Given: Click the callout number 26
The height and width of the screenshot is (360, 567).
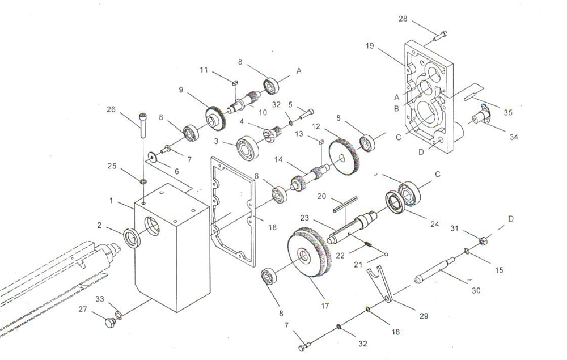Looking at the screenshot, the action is tap(111, 109).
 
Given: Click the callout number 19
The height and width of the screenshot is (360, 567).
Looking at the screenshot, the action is tap(369, 46).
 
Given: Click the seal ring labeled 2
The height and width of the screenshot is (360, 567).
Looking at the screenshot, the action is tap(132, 238).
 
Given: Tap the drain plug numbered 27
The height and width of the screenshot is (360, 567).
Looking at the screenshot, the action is tap(109, 322).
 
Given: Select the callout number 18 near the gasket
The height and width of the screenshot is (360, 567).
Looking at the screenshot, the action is tap(272, 227).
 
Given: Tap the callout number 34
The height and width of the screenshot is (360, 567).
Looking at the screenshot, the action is tap(514, 137).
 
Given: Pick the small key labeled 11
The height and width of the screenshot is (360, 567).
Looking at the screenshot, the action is tap(234, 83).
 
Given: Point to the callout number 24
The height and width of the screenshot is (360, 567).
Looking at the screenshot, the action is tap(434, 224).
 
